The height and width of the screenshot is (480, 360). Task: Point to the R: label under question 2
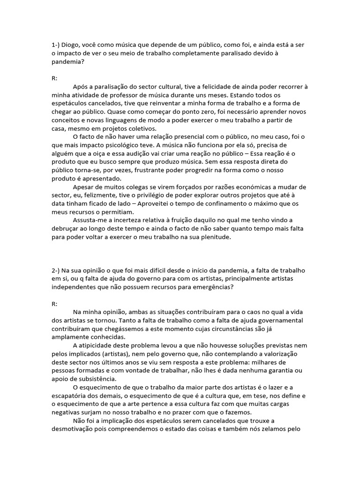54,304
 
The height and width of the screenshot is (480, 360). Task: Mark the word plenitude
215,237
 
